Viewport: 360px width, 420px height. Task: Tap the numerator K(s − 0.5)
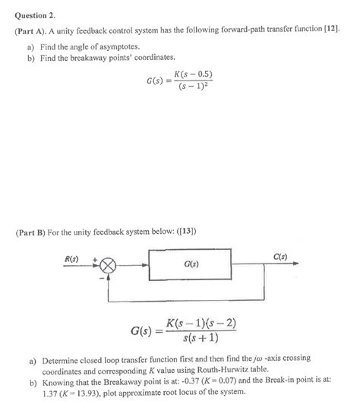193,74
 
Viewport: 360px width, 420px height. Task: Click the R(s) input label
73,258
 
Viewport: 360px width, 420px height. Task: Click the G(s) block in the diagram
192,266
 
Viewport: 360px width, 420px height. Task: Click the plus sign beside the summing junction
96,260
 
